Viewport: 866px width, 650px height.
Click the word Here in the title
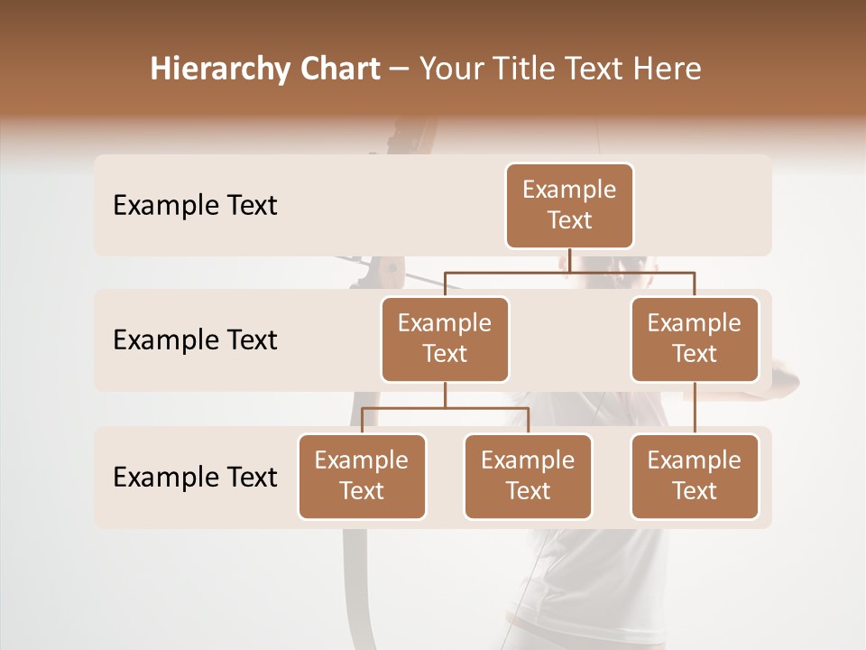(x=668, y=69)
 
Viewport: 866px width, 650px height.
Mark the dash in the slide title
(x=400, y=70)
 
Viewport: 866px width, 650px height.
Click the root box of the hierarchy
(x=569, y=206)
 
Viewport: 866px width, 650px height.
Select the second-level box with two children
(x=445, y=339)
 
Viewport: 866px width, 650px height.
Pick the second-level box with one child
(x=695, y=339)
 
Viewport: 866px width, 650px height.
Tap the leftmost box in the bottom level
(x=362, y=477)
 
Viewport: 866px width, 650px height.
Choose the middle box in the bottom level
(x=528, y=477)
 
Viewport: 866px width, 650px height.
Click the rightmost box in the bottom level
(x=695, y=477)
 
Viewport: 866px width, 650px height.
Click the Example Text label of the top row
(x=195, y=206)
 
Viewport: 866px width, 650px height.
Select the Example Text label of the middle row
(x=195, y=340)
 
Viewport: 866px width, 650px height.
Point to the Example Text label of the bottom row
(x=195, y=477)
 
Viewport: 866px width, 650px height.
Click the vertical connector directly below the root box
(x=570, y=260)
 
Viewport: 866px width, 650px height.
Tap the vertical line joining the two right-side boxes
(x=695, y=408)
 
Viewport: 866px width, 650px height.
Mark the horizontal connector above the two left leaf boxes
(x=445, y=408)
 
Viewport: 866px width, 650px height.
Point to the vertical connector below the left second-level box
(x=445, y=395)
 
